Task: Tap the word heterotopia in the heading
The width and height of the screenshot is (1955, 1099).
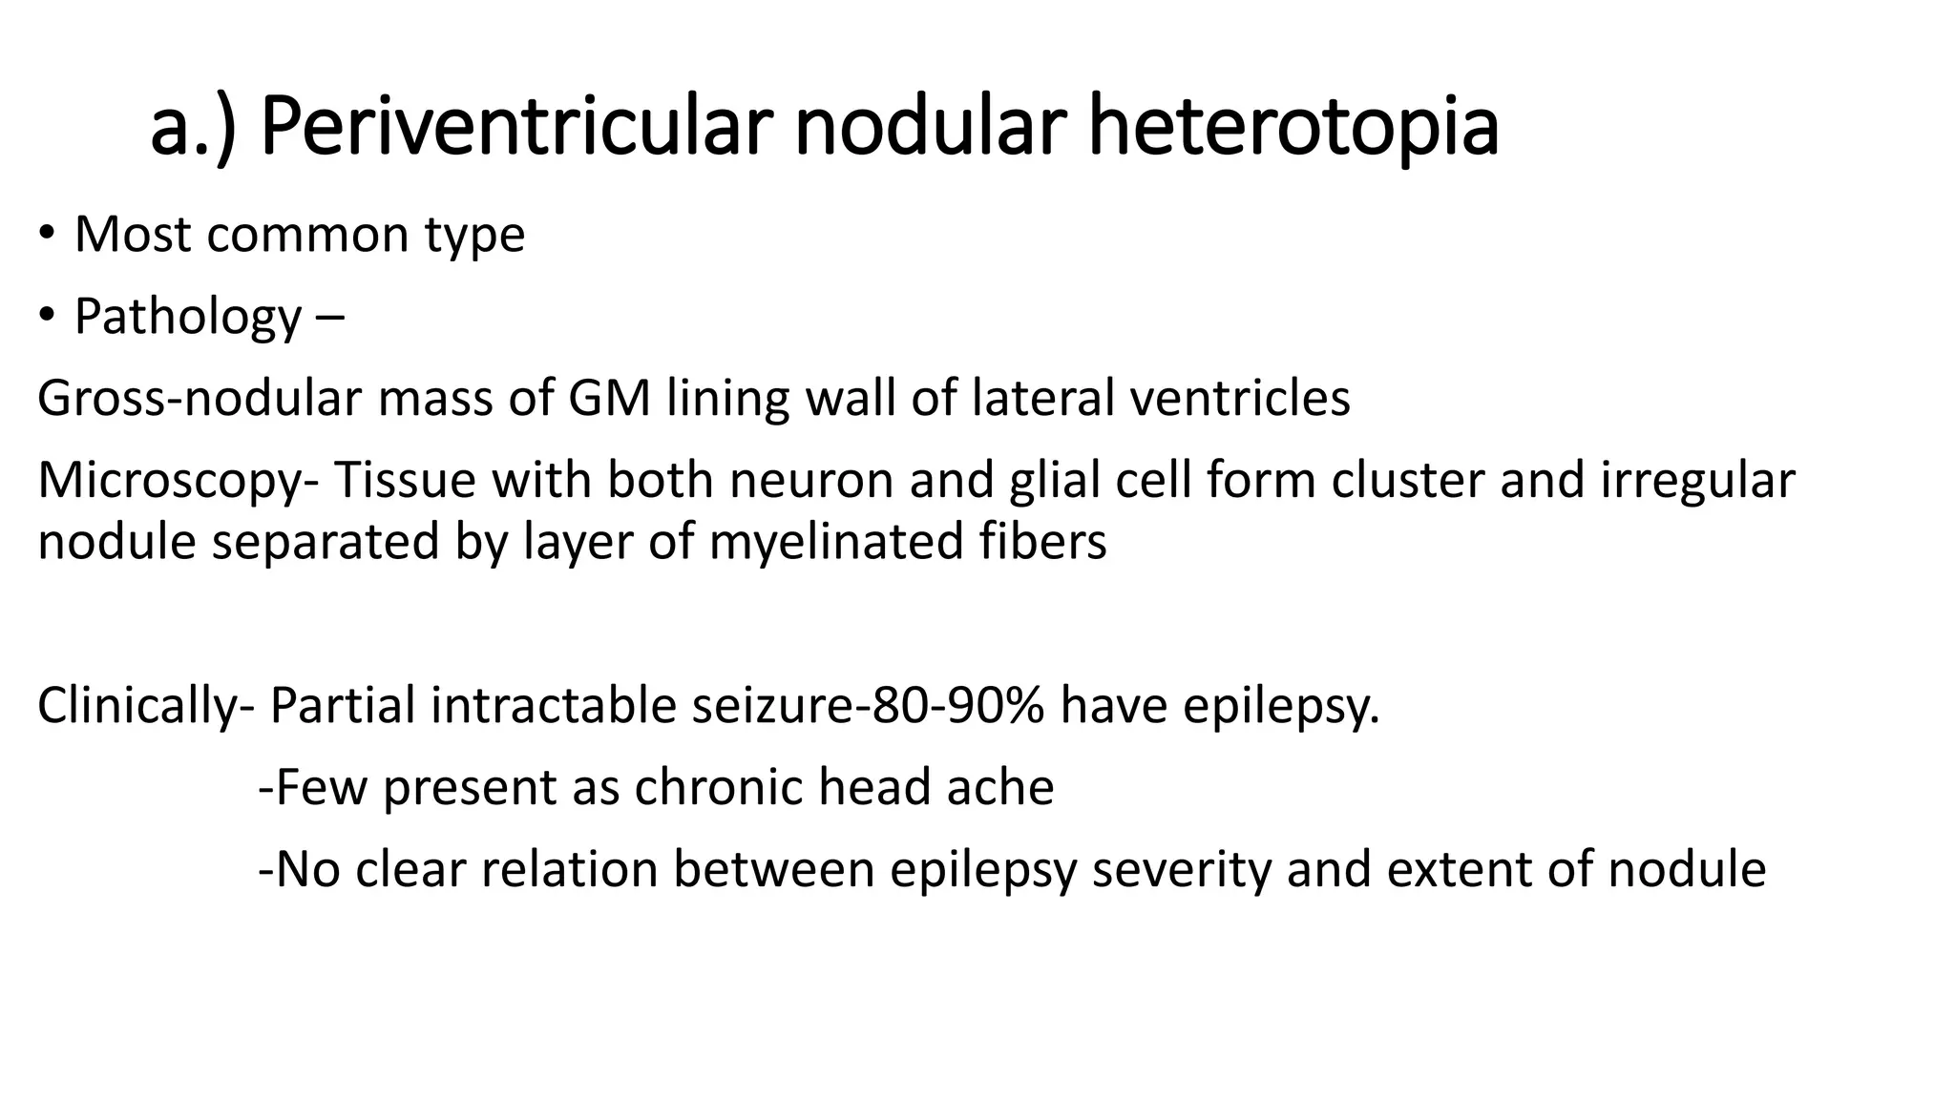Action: coord(1293,127)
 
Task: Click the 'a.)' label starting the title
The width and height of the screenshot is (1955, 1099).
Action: coord(192,127)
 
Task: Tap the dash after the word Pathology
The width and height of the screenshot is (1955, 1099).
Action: coord(327,318)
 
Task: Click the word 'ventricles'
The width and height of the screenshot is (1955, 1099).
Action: coord(1240,398)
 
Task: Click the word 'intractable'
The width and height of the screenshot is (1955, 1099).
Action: coord(554,706)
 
